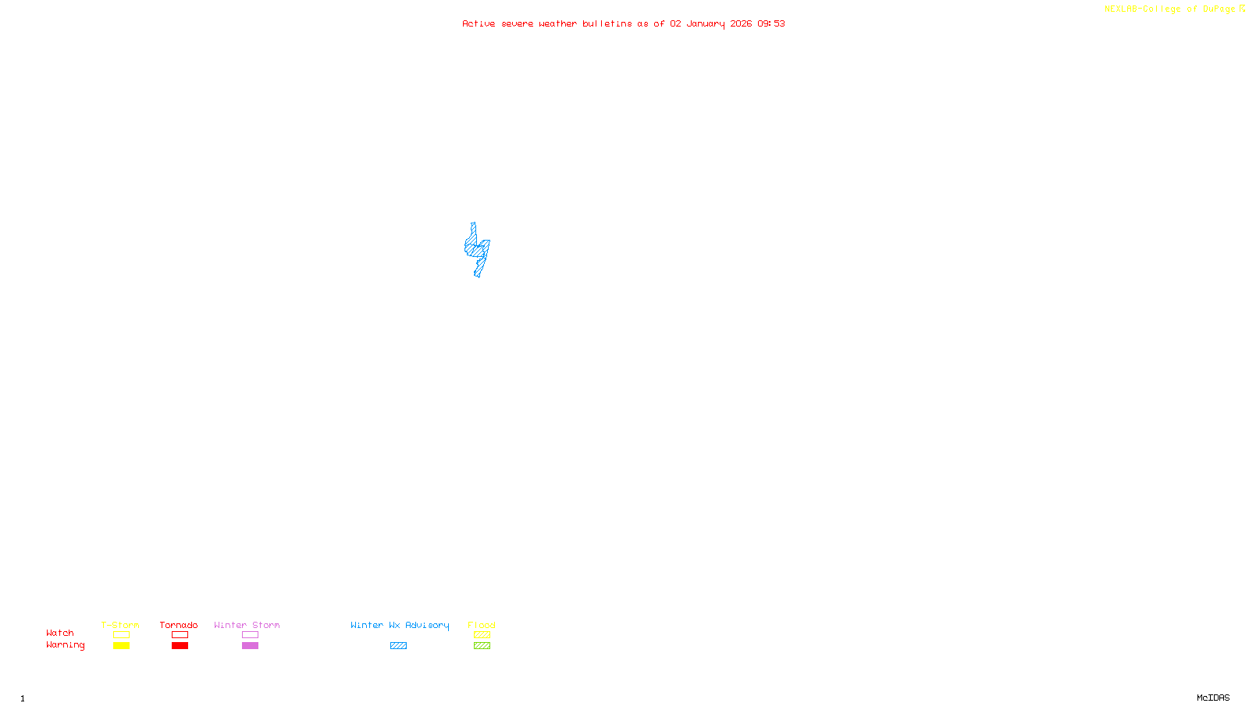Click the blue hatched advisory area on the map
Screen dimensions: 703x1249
(x=476, y=249)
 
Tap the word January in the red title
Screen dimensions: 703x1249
(x=705, y=23)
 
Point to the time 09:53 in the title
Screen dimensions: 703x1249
(x=770, y=23)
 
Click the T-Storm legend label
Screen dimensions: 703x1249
(x=120, y=625)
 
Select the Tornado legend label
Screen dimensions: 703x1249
(x=179, y=625)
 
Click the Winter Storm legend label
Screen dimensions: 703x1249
(x=247, y=625)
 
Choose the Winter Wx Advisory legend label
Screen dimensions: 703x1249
(x=400, y=625)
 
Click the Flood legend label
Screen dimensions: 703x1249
(x=482, y=625)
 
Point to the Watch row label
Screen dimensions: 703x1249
(x=60, y=633)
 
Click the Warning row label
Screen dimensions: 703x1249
(x=66, y=645)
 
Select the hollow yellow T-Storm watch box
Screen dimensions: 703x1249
(x=121, y=635)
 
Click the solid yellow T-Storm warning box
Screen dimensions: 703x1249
(x=121, y=646)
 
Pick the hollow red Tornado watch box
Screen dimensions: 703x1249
(x=180, y=635)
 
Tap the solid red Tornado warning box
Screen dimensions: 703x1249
(x=180, y=646)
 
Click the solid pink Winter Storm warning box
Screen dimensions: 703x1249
(x=250, y=646)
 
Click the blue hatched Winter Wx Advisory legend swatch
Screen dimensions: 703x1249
(x=398, y=646)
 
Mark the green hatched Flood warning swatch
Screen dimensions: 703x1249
(x=482, y=646)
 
